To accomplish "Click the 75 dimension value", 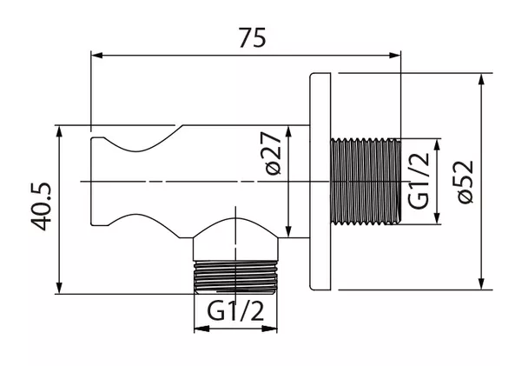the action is pyautogui.click(x=252, y=37).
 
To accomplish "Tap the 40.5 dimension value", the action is pyautogui.click(x=42, y=207).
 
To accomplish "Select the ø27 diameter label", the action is pyautogui.click(x=273, y=153).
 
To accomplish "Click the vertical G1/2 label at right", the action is pyautogui.click(x=419, y=181).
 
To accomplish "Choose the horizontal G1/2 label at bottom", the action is pyautogui.click(x=235, y=312).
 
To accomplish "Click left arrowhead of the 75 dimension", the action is pyautogui.click(x=96, y=56).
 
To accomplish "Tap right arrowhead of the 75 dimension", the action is pyautogui.click(x=395, y=56).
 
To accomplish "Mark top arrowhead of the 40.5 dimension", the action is pyautogui.click(x=59, y=131).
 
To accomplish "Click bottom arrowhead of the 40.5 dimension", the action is pyautogui.click(x=59, y=288).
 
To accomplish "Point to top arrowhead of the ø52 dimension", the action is pyautogui.click(x=481, y=79).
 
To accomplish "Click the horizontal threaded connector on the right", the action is pyautogui.click(x=366, y=182).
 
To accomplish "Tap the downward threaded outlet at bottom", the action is pyautogui.click(x=235, y=276).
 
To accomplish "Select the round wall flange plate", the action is pyautogui.click(x=320, y=182).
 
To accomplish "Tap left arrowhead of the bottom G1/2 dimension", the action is pyautogui.click(x=201, y=329).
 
